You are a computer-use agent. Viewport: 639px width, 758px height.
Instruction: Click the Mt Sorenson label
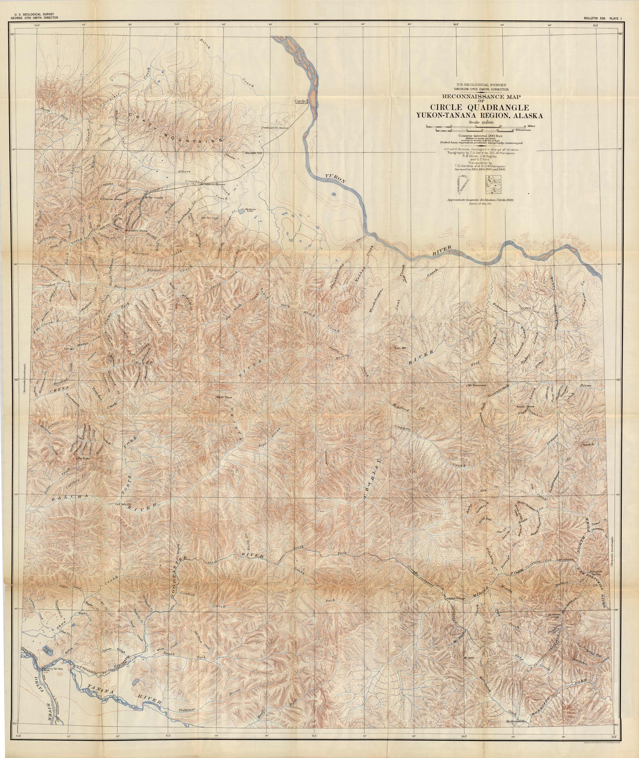tap(477, 385)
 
